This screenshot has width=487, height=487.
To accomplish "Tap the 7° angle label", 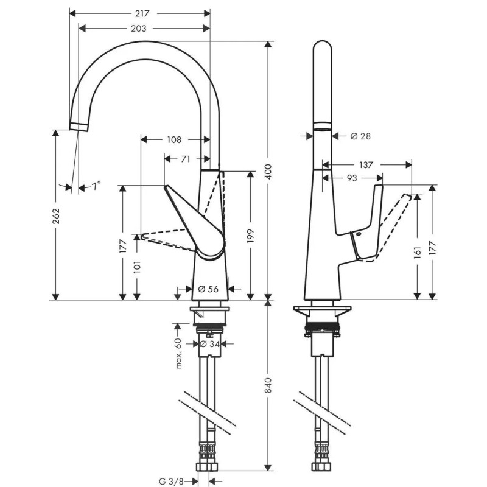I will point(96,186).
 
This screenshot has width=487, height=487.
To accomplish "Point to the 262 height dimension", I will point(55,215).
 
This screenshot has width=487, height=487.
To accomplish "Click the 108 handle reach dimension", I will point(173,139).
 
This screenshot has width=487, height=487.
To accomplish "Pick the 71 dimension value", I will point(186,159).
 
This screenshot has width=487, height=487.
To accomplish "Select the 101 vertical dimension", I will point(138,266).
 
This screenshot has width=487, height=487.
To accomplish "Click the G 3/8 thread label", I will point(171,481).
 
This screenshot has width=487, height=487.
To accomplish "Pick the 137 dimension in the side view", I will point(366,164).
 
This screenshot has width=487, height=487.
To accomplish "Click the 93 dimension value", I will point(352,178).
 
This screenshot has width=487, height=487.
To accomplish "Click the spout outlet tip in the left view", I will point(78,126).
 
